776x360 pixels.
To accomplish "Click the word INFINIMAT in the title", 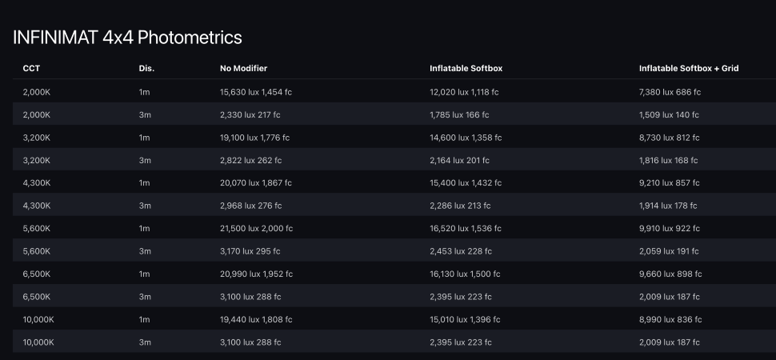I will click(55, 37).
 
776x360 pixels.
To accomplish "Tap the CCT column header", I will click(31, 69).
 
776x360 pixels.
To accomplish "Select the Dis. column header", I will click(146, 69).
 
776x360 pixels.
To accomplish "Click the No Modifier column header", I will click(243, 69).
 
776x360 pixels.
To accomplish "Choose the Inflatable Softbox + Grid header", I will click(688, 69).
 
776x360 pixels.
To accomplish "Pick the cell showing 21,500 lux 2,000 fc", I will click(256, 229).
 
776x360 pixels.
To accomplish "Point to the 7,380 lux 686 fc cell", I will click(670, 92).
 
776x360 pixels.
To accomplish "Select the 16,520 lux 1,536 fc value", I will click(466, 229).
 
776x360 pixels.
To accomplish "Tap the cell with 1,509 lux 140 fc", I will click(669, 115).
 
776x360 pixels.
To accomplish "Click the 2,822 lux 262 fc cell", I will click(250, 161).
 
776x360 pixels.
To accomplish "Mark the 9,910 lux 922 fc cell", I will click(670, 229).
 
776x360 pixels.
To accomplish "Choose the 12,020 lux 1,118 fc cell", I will click(464, 92).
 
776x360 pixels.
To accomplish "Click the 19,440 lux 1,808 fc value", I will click(255, 320).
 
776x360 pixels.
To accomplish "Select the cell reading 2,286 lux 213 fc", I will click(460, 206).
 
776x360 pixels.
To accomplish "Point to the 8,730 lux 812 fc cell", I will click(670, 138).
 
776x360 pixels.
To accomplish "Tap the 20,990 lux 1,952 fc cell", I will click(256, 274).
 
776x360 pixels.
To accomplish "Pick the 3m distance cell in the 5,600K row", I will click(144, 251).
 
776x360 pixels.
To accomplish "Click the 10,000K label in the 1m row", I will click(38, 320).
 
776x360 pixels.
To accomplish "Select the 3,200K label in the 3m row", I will click(37, 161).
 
